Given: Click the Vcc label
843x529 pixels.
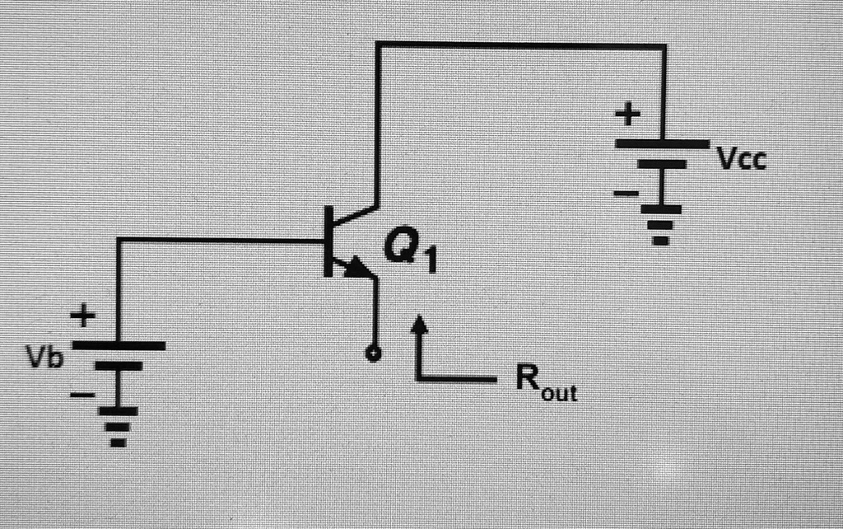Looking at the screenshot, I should coord(741,158).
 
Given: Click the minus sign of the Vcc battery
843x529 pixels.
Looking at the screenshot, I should coord(626,194).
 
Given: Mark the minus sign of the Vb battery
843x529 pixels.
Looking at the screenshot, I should coord(82,396).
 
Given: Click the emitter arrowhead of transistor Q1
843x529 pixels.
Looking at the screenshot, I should coord(357,267).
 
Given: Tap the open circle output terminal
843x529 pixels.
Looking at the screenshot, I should coord(375,354).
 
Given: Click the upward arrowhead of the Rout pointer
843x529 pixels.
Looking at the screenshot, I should coord(420,324).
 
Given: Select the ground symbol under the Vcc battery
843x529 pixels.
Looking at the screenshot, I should coord(662,224).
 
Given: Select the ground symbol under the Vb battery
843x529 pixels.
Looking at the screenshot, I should coord(119,425).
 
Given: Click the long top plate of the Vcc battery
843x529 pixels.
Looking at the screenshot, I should coord(662,143).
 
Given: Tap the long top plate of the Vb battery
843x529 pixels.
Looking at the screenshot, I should coord(119,346).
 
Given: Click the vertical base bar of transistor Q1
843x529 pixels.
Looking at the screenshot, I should coord(328,241).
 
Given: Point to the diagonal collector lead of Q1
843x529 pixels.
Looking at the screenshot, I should coord(354,216).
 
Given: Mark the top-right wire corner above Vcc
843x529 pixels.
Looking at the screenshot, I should coord(664,44).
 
